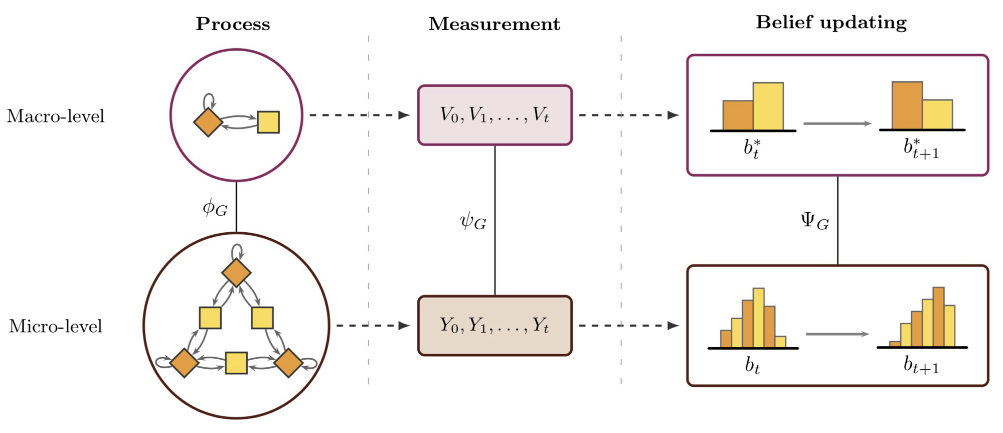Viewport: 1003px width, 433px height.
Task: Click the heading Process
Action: click(x=233, y=24)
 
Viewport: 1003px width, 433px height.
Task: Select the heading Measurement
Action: click(x=494, y=24)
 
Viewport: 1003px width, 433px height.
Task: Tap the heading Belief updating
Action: click(x=831, y=23)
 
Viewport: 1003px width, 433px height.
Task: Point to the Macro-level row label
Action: click(x=56, y=116)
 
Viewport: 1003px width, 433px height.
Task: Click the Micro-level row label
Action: click(x=56, y=326)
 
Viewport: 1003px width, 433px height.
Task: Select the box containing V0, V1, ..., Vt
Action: click(x=494, y=115)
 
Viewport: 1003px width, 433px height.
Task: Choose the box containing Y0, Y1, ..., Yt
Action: click(x=494, y=326)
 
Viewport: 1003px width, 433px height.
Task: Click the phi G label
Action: click(x=215, y=208)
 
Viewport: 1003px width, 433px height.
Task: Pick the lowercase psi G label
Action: click(x=473, y=221)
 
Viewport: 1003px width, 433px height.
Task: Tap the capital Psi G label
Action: click(x=814, y=221)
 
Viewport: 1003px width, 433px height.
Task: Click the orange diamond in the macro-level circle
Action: click(x=208, y=122)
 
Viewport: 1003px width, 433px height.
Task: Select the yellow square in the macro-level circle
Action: click(x=268, y=122)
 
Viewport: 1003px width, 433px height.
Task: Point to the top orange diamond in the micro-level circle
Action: click(x=236, y=273)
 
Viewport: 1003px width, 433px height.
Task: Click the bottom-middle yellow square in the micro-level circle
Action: click(x=236, y=363)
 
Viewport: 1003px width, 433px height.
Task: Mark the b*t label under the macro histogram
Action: click(x=752, y=149)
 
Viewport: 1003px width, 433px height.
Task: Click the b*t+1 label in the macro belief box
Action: click(x=921, y=149)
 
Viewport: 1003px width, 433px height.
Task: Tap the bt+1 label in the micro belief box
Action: click(x=921, y=365)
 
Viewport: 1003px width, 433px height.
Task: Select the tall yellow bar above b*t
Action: click(x=768, y=106)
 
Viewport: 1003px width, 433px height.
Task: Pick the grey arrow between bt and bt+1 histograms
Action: click(x=837, y=334)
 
